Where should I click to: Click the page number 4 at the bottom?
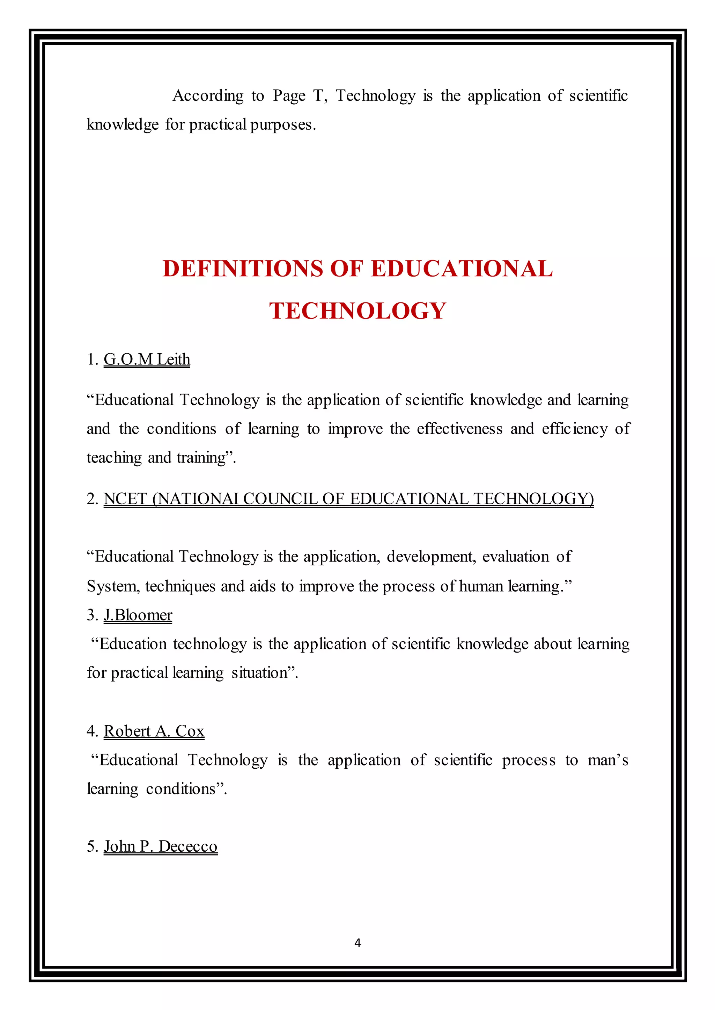(357, 942)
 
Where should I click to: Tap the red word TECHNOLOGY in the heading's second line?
(357, 311)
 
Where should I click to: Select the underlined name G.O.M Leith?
(147, 360)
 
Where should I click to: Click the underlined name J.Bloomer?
(138, 615)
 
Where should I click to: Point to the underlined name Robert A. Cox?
(154, 731)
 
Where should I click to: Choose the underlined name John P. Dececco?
(160, 846)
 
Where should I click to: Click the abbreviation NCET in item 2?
(125, 499)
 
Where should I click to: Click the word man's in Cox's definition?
(607, 760)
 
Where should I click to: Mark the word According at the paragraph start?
(208, 96)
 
